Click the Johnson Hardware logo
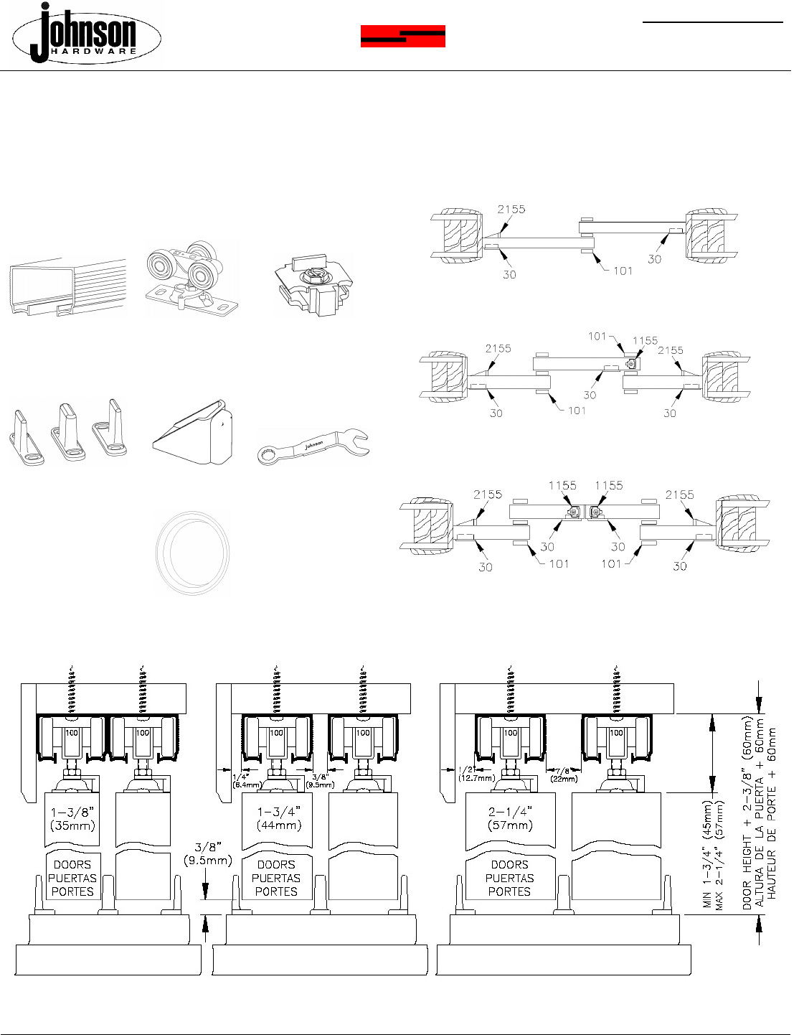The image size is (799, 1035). coord(87,34)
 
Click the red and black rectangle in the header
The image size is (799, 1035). coord(402,36)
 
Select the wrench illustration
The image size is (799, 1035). coord(313,446)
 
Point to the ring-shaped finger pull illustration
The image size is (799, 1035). coord(192,552)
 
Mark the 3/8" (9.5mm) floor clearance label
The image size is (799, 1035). coord(207,854)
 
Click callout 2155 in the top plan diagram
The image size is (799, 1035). coord(511,210)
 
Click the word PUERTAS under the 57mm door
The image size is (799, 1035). coord(509,878)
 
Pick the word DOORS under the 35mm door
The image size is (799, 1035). coord(72,864)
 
